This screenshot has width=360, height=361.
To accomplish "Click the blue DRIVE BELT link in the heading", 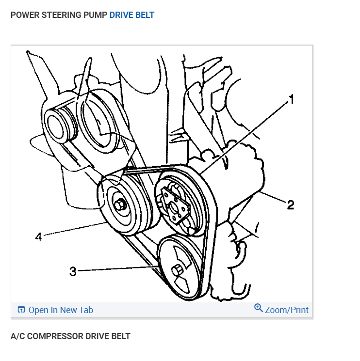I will click(x=131, y=15).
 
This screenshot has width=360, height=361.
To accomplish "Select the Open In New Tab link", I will click(x=61, y=310).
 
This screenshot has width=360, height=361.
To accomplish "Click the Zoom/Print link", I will click(x=287, y=310).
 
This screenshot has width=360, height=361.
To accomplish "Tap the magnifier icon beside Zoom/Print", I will click(x=259, y=308).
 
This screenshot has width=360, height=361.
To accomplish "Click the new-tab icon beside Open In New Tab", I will click(x=21, y=310).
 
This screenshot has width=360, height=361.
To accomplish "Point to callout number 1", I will click(x=291, y=100).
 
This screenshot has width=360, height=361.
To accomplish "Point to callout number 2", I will click(x=290, y=205).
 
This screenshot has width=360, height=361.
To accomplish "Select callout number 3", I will click(x=73, y=271).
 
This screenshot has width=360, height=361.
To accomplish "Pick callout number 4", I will click(x=38, y=237).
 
